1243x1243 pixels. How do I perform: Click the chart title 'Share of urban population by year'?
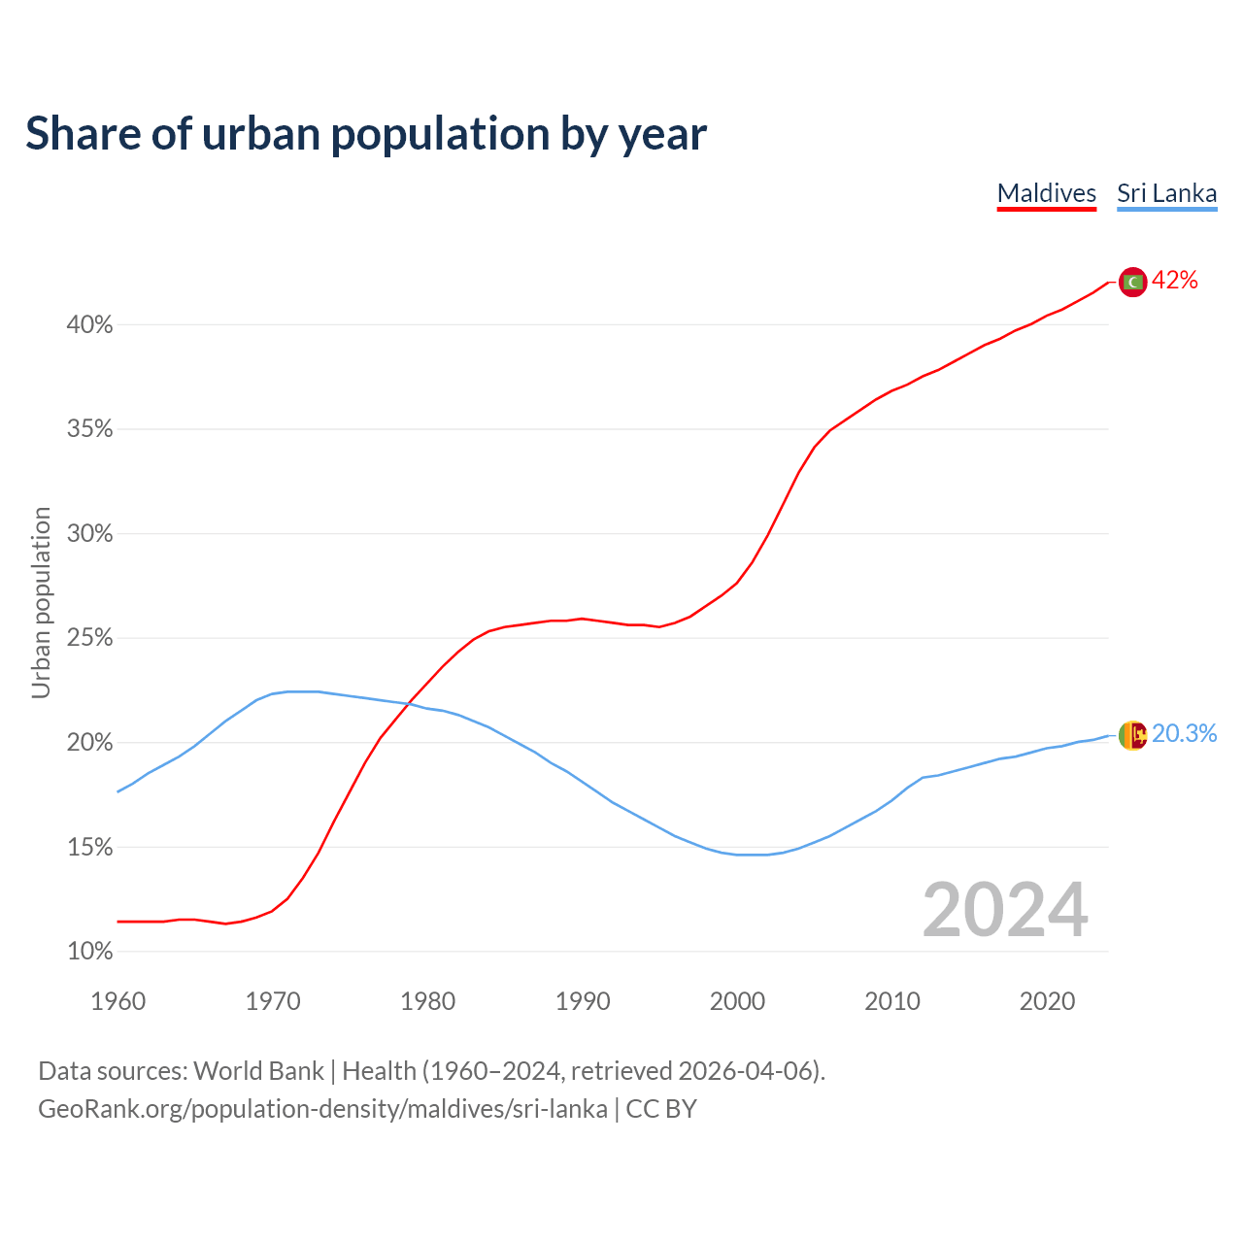pos(366,134)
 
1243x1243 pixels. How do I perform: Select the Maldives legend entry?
pos(1046,193)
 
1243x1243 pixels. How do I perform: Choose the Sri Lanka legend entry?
pos(1166,193)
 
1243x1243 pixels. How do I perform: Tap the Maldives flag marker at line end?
pos(1132,282)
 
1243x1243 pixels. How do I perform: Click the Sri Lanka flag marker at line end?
pos(1132,735)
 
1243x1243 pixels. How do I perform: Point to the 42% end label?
pos(1175,281)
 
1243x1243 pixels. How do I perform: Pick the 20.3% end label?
pos(1184,734)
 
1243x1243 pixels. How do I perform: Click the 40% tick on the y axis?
pos(90,325)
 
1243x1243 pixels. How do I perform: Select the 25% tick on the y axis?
pos(90,639)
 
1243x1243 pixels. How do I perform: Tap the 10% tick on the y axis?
pos(90,952)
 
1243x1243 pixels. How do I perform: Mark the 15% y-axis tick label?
pos(90,848)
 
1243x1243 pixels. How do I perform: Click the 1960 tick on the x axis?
pos(118,1001)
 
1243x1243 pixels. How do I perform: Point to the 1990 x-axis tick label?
pos(583,1001)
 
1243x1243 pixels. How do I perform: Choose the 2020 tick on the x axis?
pos(1047,1001)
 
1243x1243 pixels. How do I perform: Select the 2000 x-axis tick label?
pos(737,1001)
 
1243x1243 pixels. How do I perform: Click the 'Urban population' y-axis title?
pos(41,602)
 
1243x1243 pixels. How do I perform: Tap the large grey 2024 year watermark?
pos(1005,911)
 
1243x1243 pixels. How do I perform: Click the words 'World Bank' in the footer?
pos(258,1071)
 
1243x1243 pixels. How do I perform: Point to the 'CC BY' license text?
pos(661,1109)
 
